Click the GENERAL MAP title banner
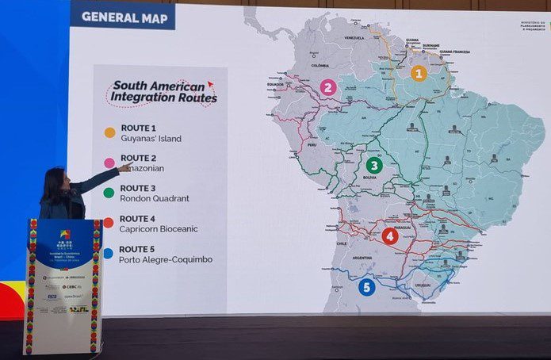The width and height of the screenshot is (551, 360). click(x=122, y=16)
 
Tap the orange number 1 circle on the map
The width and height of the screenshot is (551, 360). click(x=419, y=74)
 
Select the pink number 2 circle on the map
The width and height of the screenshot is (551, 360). click(x=327, y=87)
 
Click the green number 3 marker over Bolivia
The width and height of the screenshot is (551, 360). click(x=374, y=165)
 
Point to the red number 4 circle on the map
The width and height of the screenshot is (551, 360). click(x=389, y=236)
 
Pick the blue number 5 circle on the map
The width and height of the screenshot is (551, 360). click(x=366, y=287)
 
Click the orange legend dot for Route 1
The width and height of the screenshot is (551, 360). click(x=109, y=132)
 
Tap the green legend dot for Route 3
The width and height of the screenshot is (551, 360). click(x=109, y=192)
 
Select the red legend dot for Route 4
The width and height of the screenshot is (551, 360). click(x=109, y=223)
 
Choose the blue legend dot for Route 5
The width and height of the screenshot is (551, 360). click(x=109, y=254)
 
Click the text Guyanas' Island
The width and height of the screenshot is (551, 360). click(x=151, y=139)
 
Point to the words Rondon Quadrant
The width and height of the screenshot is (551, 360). click(x=156, y=198)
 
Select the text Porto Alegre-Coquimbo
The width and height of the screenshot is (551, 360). click(x=166, y=259)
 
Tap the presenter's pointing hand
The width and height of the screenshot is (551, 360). click(x=124, y=167)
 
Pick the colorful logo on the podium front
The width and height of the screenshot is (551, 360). click(x=65, y=236)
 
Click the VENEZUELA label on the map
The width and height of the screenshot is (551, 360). click(x=354, y=37)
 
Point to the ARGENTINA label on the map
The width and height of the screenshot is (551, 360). click(x=361, y=259)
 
